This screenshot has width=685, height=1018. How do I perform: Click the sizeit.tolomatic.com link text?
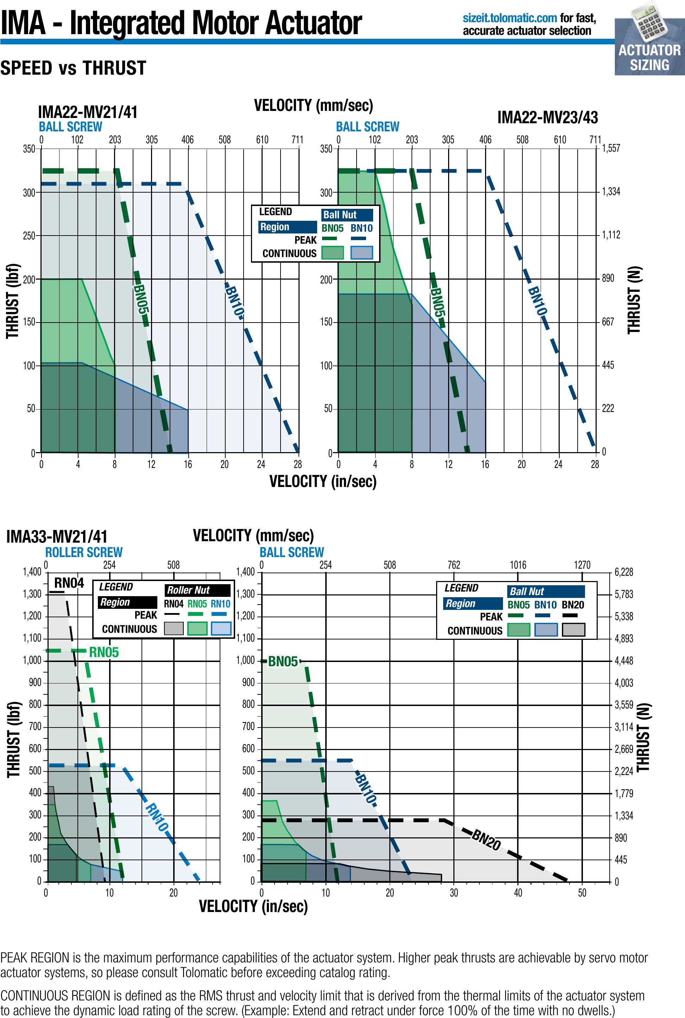coord(510,18)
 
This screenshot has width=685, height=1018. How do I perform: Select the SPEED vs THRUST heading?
coord(73,68)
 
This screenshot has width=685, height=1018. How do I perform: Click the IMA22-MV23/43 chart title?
coord(547,118)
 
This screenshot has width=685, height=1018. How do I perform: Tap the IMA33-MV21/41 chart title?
coord(57,537)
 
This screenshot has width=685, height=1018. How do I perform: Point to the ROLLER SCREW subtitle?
coord(84,552)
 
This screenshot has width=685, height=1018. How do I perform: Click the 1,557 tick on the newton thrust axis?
coord(611,149)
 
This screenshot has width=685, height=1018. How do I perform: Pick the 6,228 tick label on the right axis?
coord(623,572)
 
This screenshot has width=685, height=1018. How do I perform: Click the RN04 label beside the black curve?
coord(69,583)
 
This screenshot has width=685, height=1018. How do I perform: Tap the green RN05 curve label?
coord(104,652)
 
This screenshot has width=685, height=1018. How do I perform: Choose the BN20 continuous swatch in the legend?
coord(573,630)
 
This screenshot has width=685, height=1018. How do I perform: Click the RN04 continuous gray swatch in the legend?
coord(174,629)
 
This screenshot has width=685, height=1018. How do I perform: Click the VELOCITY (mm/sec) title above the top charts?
coord(313,105)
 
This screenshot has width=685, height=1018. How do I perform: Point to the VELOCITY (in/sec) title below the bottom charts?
coord(253,906)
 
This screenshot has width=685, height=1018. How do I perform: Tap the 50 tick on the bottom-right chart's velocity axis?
coord(582,893)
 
